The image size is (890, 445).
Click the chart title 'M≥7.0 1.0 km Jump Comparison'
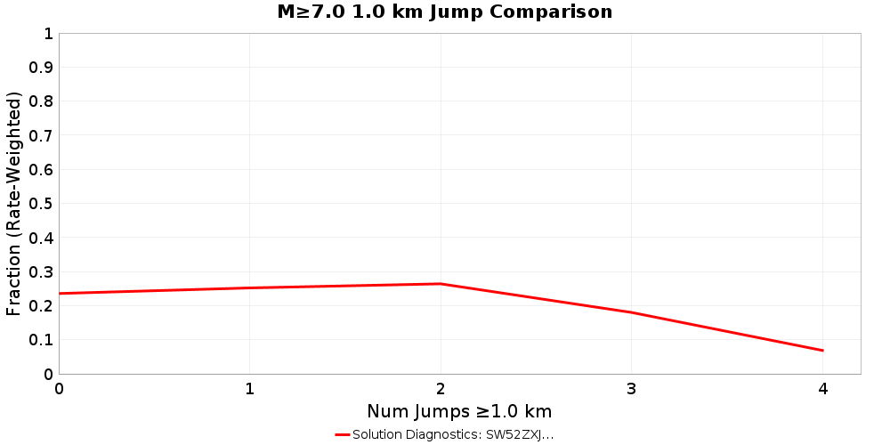click(x=445, y=12)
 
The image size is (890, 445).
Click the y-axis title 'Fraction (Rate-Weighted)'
click(x=14, y=204)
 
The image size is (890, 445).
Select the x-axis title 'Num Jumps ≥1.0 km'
click(x=459, y=411)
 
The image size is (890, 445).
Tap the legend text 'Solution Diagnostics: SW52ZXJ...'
click(x=453, y=434)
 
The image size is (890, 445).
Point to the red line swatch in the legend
click(x=343, y=434)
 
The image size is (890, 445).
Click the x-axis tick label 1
click(x=250, y=389)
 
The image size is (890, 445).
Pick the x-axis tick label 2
click(x=441, y=389)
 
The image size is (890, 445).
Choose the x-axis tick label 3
click(x=632, y=389)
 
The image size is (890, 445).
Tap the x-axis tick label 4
click(x=822, y=389)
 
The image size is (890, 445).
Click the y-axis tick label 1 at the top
click(x=48, y=34)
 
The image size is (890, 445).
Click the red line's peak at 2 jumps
click(x=441, y=284)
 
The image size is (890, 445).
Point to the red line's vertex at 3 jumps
click(x=632, y=312)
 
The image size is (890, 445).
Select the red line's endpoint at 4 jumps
click(x=822, y=351)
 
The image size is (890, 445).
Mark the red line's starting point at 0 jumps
click(x=60, y=294)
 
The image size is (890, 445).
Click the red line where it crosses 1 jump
click(x=250, y=288)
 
